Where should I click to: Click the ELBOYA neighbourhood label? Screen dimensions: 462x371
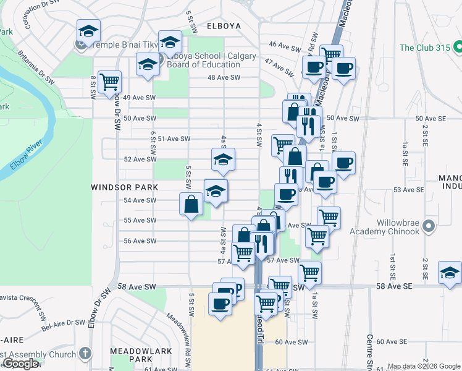point(223,27)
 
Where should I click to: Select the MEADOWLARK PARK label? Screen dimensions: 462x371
point(131,355)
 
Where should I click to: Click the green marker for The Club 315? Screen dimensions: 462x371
point(457,47)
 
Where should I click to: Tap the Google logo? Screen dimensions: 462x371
point(20,364)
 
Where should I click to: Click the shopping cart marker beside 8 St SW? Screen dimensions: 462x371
point(109,82)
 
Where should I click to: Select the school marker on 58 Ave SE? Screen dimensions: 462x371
point(450,272)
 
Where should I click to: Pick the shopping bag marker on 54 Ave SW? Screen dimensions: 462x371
point(191,203)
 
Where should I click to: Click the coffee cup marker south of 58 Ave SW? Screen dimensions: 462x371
point(220,303)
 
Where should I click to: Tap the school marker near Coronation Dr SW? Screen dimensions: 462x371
point(88,31)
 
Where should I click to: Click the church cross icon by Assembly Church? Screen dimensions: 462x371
point(85,354)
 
